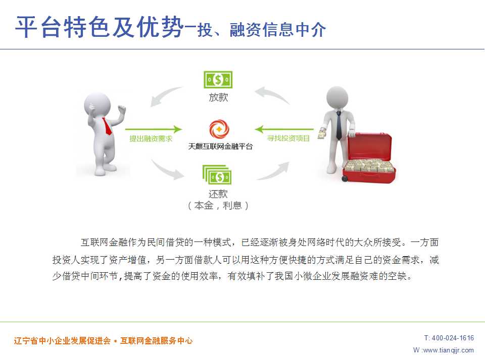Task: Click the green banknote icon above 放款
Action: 218,80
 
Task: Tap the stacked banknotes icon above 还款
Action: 217,175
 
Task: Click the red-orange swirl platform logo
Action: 219,129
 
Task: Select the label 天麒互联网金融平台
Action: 220,146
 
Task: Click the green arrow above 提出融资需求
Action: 154,130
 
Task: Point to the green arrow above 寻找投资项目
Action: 284,129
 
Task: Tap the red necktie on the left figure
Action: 107,126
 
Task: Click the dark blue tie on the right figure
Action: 339,126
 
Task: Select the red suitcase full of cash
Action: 368,157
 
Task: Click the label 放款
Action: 218,97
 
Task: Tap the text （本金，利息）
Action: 218,205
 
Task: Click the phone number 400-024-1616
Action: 453,338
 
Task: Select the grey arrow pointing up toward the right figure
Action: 273,171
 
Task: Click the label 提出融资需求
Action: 151,139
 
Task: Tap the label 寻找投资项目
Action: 288,138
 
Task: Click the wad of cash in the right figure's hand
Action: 322,133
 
